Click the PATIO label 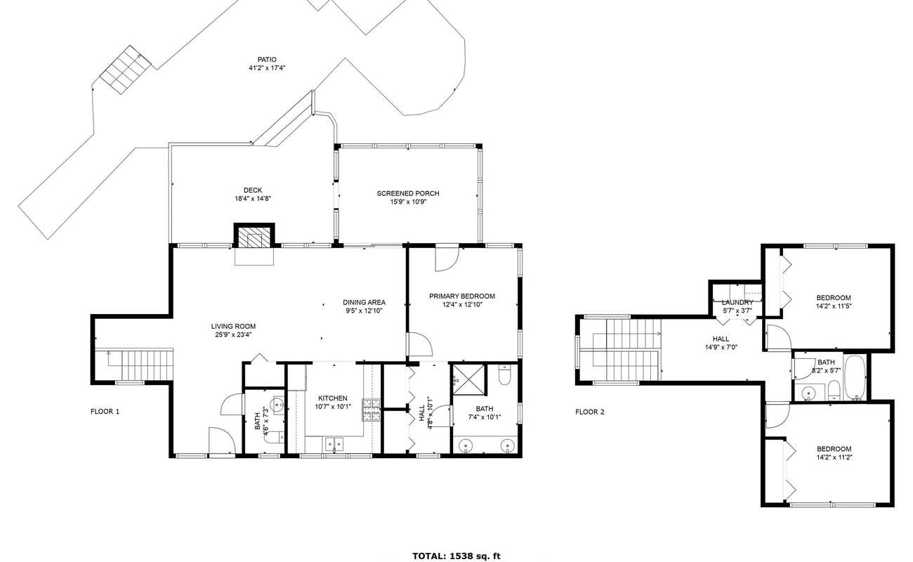point(266,60)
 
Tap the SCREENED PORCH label point(408,193)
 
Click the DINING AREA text point(364,302)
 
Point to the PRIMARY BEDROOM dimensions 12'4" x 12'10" point(462,304)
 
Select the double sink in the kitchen point(333,443)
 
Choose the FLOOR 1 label point(105,412)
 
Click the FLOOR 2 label point(590,412)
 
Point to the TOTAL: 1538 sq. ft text point(456,556)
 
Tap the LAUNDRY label point(737,302)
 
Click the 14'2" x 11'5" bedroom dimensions point(834,306)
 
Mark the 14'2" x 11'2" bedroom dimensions point(834,457)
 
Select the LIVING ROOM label point(233,326)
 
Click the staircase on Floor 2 point(625,349)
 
